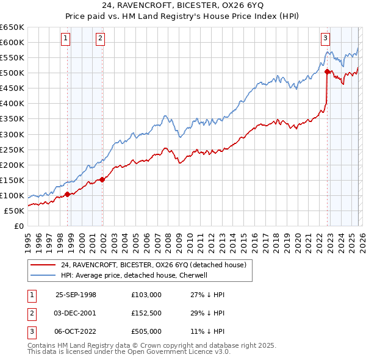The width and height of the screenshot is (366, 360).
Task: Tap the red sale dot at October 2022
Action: coord(327,71)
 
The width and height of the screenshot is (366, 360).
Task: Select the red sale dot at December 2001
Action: coord(102,179)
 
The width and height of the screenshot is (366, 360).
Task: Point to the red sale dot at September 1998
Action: coord(67,195)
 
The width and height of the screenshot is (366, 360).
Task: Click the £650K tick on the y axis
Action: coord(12,27)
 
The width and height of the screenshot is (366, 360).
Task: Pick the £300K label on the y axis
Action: coord(12,134)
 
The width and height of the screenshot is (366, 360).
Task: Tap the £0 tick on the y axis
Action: coord(20,226)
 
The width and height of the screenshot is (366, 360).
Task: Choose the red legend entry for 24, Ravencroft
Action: coord(153,265)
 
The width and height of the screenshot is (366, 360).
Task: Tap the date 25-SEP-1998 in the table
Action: coord(76,295)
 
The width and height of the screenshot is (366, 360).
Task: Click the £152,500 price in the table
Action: coord(146,313)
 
